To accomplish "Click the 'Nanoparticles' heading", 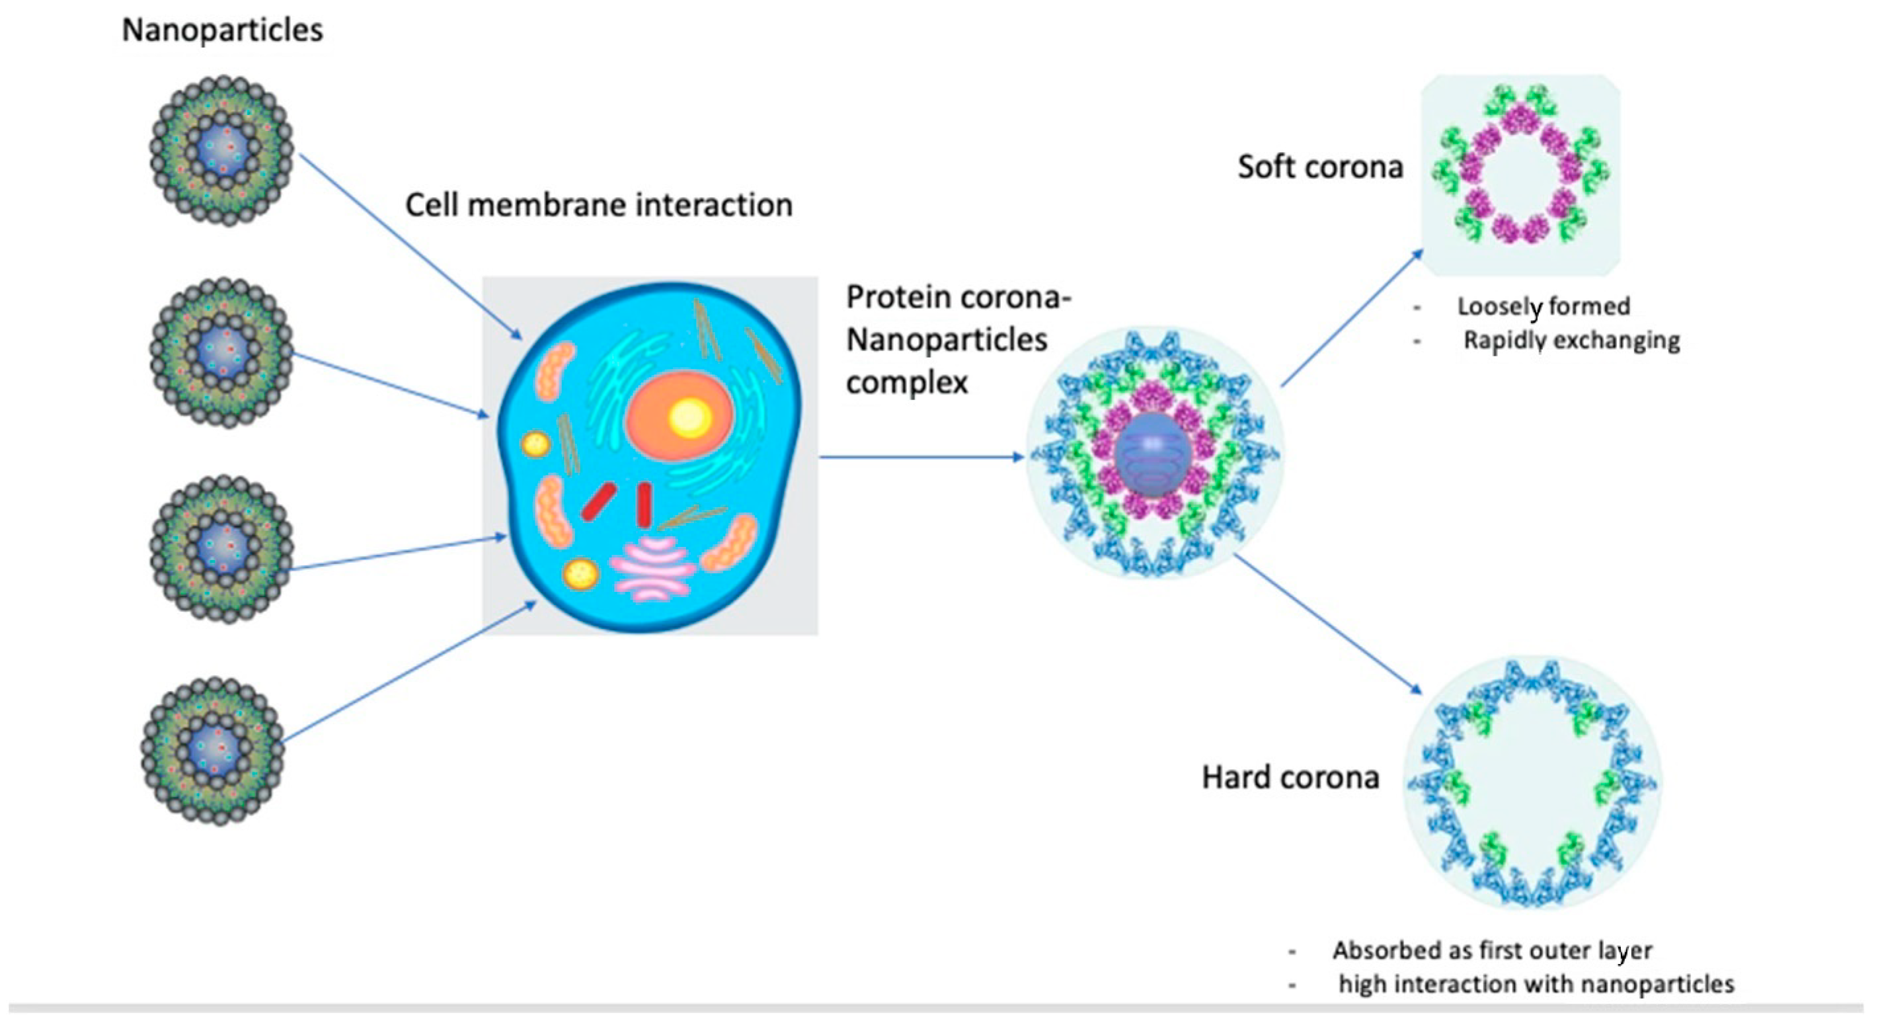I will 222,30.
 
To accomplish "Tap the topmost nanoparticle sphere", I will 222,150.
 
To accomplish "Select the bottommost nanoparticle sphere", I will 213,751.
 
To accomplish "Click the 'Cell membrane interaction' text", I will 598,205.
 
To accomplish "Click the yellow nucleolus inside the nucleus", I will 689,418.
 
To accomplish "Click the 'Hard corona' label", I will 1290,778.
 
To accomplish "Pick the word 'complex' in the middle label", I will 906,382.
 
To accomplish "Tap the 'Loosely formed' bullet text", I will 1544,307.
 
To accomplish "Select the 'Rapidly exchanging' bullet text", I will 1571,341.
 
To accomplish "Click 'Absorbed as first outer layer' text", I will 1492,950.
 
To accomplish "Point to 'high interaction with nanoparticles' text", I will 1536,985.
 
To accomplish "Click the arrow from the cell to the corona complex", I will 920,457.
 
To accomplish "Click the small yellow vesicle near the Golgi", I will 581,575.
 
